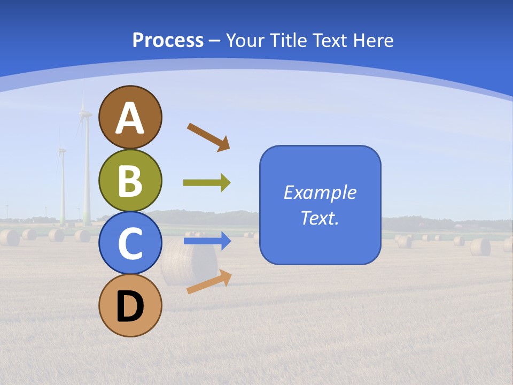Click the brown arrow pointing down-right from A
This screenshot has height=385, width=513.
tap(208, 137)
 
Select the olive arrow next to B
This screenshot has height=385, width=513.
tap(207, 183)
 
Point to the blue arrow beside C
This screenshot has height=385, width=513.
tap(207, 241)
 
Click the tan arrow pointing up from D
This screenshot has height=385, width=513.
tap(209, 282)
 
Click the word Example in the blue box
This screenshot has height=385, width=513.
tap(320, 192)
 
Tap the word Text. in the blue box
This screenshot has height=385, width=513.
tap(320, 218)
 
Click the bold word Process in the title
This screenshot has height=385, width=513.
tap(168, 40)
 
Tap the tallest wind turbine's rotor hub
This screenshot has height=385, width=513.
tap(84, 113)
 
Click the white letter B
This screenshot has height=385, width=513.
tap(130, 181)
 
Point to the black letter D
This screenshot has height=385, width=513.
tap(130, 306)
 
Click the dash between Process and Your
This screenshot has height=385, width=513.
tap(214, 41)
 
